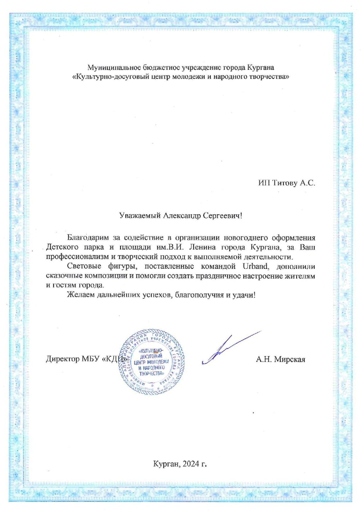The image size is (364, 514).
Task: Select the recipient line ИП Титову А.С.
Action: pyautogui.click(x=286, y=183)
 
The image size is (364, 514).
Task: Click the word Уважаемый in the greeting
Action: pyautogui.click(x=140, y=216)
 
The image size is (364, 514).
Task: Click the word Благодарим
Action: pyautogui.click(x=88, y=238)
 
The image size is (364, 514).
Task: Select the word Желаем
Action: pyautogui.click(x=79, y=295)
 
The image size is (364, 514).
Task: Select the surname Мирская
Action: pyautogui.click(x=290, y=359)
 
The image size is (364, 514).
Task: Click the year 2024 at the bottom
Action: pyautogui.click(x=191, y=464)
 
